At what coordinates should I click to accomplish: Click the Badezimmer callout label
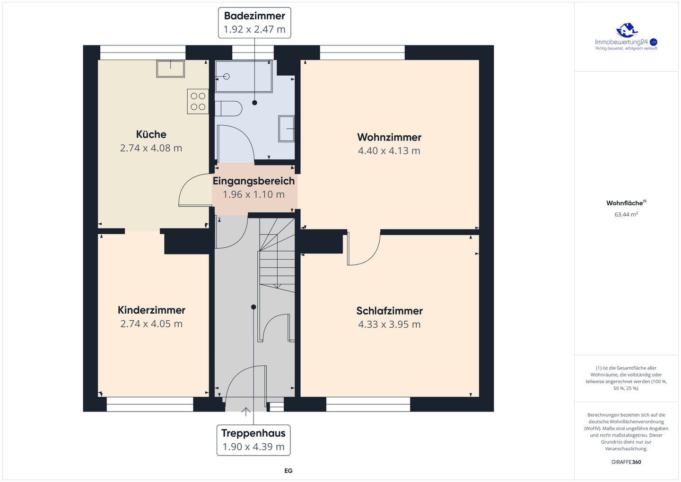[x=254, y=16]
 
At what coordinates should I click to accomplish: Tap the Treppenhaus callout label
[x=253, y=433]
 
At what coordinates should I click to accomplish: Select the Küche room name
[x=151, y=134]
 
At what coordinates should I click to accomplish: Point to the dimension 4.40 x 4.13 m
[x=389, y=150]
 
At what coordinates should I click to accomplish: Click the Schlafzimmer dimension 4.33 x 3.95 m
[x=389, y=324]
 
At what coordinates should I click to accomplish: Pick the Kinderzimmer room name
[x=151, y=310]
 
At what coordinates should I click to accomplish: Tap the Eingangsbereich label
[x=253, y=181]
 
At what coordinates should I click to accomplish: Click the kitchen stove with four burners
[x=198, y=101]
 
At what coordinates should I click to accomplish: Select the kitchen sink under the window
[x=171, y=69]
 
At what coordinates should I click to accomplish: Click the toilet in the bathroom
[x=228, y=109]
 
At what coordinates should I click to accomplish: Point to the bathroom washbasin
[x=287, y=129]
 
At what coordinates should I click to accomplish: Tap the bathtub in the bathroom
[x=244, y=76]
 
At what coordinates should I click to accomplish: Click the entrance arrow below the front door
[x=245, y=412]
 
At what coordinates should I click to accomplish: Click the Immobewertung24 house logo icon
[x=626, y=30]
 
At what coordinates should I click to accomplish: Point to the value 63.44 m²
[x=626, y=214]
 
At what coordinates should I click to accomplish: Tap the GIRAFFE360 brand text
[x=626, y=462]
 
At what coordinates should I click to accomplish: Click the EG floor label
[x=288, y=471]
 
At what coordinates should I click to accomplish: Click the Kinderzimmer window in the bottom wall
[x=150, y=404]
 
